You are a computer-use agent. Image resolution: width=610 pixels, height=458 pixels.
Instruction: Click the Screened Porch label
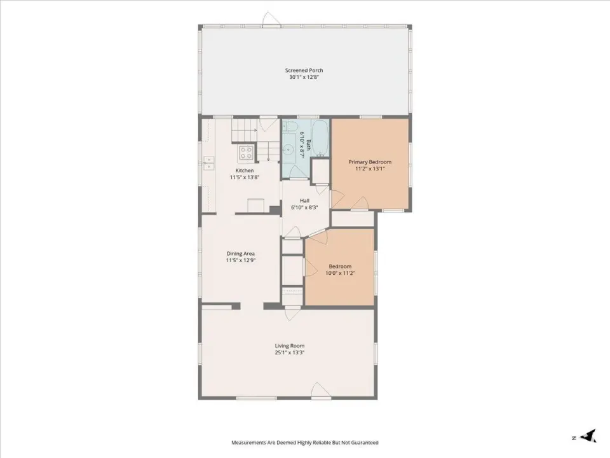304,71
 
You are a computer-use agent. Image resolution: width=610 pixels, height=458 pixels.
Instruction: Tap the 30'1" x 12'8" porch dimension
304,77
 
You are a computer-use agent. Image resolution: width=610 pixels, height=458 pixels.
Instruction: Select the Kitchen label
245,170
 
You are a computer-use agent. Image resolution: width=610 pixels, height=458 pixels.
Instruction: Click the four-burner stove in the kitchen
246,153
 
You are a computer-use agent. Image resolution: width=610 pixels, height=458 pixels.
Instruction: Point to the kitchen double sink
209,163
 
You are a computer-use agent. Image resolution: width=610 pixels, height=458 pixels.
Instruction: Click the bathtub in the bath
320,137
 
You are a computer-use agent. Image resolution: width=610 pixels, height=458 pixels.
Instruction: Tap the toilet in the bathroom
290,126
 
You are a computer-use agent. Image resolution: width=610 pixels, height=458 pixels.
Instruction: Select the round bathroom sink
288,149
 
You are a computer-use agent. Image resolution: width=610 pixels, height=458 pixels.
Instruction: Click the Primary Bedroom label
370,162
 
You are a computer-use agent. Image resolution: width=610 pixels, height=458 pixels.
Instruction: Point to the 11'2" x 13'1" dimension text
370,169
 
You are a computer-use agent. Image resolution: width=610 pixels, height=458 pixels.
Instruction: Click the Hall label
304,201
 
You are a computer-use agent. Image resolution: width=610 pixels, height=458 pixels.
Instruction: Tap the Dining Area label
240,254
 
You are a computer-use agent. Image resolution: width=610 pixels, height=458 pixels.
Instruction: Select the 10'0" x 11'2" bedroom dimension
340,273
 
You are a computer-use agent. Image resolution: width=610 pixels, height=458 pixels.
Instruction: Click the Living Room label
290,346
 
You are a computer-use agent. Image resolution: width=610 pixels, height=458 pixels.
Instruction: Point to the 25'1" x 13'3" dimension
290,352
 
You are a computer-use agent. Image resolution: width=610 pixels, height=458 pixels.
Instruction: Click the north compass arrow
589,435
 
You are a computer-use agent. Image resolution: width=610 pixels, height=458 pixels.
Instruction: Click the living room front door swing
321,390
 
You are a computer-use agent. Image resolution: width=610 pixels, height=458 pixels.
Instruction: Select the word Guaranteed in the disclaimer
365,443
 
